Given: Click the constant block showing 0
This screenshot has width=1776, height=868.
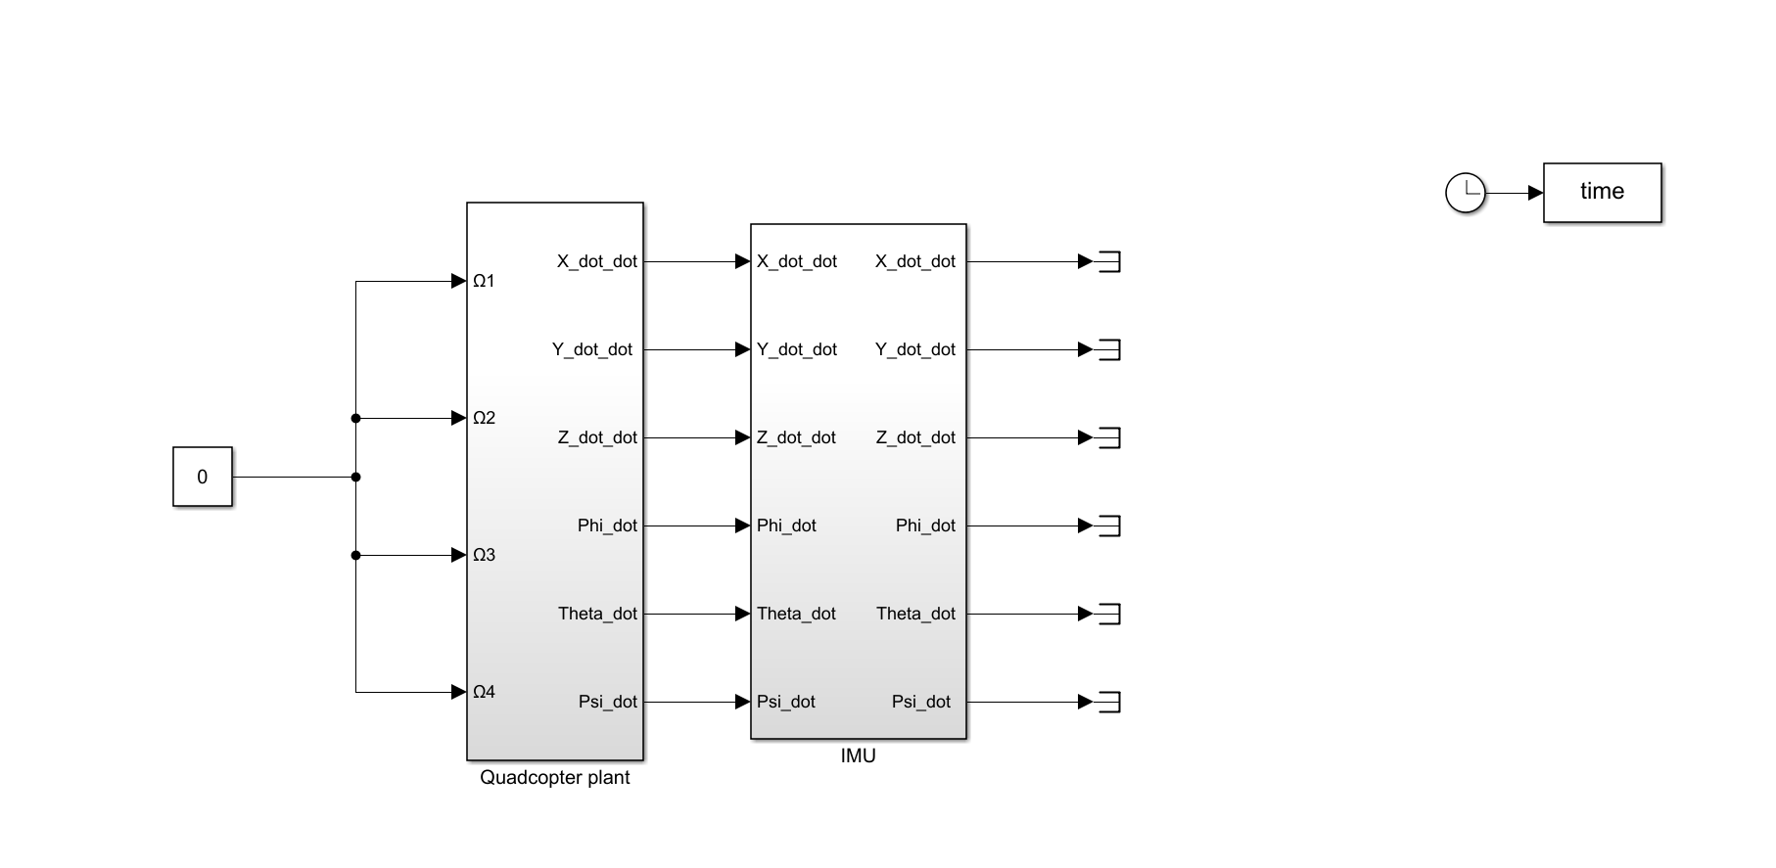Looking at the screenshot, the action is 203,477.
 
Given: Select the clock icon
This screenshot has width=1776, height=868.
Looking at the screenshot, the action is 1465,193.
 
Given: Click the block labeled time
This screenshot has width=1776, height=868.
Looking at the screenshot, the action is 1602,193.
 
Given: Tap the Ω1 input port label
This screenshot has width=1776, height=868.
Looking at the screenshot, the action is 484,282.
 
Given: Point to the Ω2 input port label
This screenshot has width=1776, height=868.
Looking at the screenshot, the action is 484,419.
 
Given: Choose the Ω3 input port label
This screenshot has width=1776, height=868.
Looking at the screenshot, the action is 484,556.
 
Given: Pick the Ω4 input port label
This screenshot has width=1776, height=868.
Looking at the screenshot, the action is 484,693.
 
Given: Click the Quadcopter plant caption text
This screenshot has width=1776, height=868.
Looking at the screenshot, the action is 554,778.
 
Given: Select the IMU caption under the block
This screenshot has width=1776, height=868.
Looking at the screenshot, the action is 858,756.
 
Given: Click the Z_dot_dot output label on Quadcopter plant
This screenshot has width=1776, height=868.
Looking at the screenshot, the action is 597,437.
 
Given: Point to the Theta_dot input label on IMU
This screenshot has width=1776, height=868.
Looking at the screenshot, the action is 796,614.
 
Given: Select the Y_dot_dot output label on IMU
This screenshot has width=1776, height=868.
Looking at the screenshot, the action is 914,349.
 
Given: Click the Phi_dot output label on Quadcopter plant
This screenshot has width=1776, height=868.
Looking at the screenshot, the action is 607,525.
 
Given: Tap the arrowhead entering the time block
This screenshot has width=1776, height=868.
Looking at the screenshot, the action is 1535,193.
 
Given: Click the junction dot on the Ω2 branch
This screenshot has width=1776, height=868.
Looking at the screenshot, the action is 355,419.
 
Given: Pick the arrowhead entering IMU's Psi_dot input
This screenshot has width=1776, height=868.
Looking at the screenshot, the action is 742,702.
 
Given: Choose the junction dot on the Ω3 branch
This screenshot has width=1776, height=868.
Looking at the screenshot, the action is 355,556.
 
